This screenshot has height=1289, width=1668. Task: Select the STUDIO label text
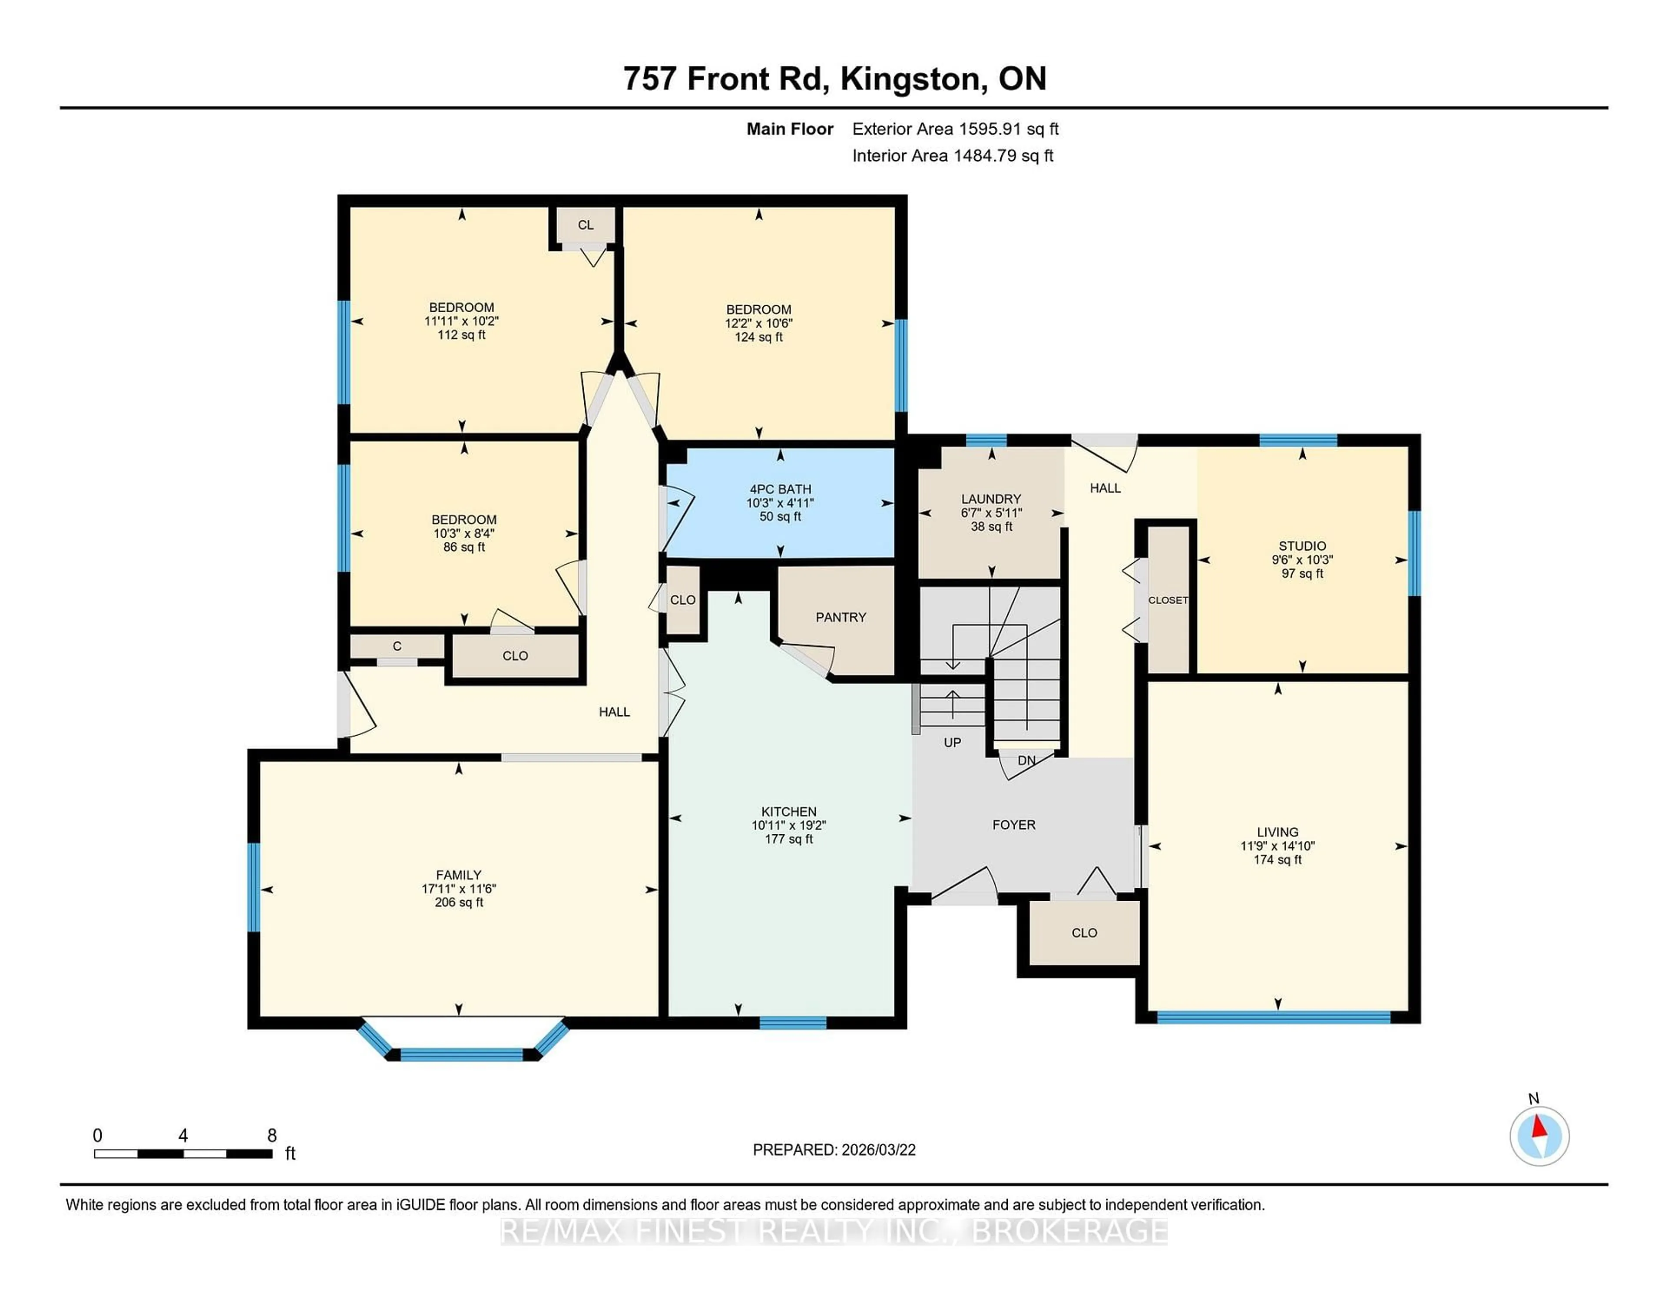tap(1302, 546)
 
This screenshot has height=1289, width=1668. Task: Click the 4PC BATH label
tap(780, 489)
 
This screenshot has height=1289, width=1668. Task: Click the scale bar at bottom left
tap(183, 1153)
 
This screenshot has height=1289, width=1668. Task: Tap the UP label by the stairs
tap(952, 742)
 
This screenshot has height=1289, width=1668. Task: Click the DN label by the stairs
tap(1026, 760)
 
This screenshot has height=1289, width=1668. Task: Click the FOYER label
tap(1013, 825)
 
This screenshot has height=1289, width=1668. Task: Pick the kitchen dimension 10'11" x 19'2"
tap(788, 826)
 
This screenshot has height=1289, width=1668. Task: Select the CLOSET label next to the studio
tap(1168, 600)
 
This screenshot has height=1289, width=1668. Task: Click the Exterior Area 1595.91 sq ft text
tap(955, 129)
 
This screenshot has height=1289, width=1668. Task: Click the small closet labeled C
tap(397, 646)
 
